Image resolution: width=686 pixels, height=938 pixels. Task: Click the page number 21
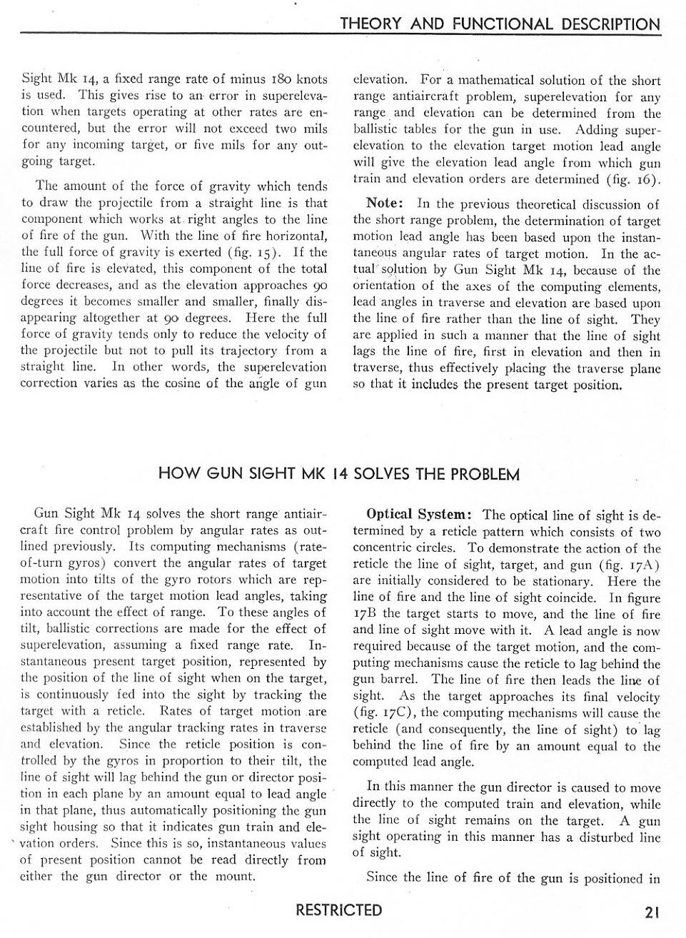pos(650,912)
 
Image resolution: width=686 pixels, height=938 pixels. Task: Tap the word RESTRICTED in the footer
pos(339,910)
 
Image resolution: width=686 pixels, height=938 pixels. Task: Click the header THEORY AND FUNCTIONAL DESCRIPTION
pos(500,24)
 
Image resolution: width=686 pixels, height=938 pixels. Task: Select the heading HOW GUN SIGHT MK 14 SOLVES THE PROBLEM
pos(338,474)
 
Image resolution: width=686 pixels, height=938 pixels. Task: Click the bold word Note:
pos(385,204)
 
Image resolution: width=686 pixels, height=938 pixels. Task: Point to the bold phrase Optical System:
pos(418,515)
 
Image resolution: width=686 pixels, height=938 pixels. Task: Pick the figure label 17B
pos(364,614)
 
